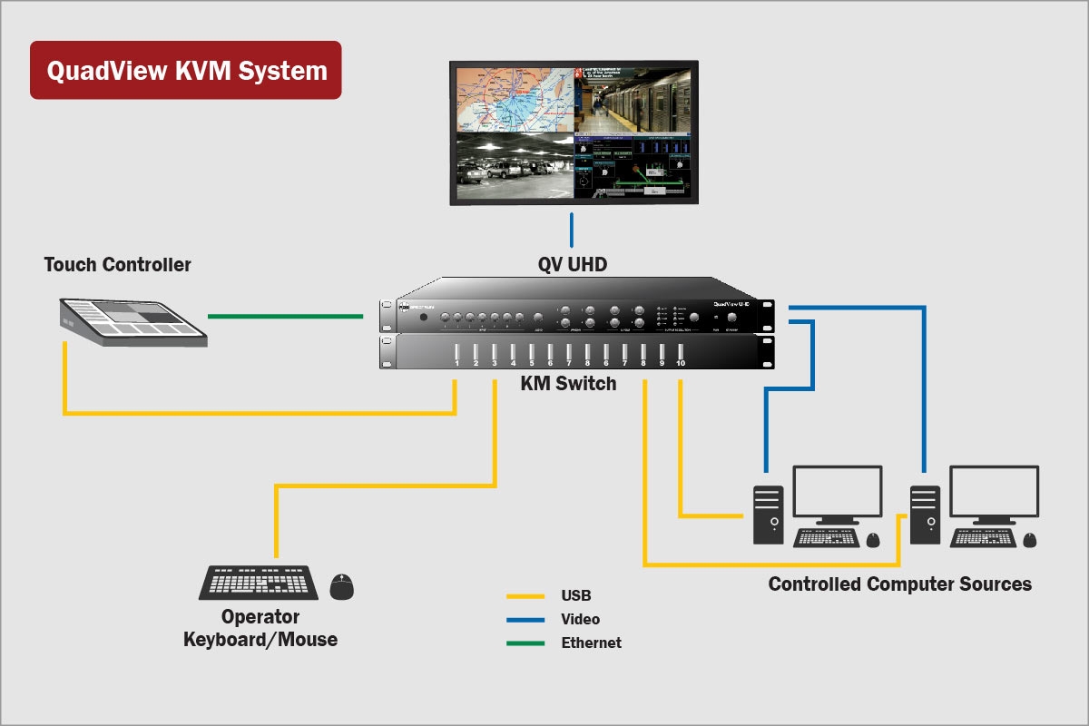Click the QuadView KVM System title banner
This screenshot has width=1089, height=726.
[186, 70]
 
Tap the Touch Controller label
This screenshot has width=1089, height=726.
[118, 265]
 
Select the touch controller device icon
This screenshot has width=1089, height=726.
[134, 322]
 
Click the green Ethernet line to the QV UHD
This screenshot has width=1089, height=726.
[285, 316]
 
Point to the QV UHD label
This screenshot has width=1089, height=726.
[572, 265]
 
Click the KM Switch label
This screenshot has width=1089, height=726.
[568, 383]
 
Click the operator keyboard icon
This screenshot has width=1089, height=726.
[259, 583]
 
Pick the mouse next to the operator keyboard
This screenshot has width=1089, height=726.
[341, 587]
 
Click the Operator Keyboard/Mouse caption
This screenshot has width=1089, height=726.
[260, 628]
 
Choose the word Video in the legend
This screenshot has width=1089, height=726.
[580, 619]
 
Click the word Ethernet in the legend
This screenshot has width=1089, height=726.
[591, 643]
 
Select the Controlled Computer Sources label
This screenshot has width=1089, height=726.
[899, 584]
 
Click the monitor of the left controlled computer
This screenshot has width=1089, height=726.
[837, 492]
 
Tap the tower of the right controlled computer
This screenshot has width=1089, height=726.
[925, 515]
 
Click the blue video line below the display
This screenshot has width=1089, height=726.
[572, 230]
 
